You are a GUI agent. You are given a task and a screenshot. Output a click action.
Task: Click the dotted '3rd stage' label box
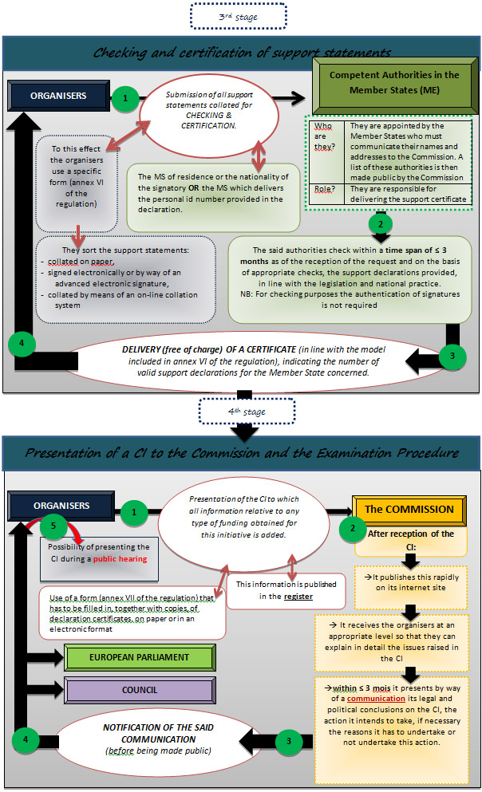coord(239,16)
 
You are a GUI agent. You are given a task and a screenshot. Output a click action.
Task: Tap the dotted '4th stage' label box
coord(247,411)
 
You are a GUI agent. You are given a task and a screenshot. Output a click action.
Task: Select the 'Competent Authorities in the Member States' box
coord(395,85)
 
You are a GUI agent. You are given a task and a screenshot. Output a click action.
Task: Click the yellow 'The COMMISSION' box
coord(409,509)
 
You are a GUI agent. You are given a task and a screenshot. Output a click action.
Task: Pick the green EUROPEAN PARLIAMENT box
coord(140,657)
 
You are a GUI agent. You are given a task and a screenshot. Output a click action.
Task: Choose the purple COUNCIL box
coord(140,690)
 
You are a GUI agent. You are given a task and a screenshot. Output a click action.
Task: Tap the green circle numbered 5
coord(53,526)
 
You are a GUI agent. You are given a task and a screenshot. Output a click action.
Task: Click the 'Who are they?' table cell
coord(326,152)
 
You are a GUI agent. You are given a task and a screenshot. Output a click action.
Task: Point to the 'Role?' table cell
coord(326,194)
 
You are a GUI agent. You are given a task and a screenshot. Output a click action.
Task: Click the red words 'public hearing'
coord(120,558)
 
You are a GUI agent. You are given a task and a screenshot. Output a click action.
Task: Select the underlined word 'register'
coord(298,597)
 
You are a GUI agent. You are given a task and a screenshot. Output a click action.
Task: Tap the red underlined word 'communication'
coord(376,699)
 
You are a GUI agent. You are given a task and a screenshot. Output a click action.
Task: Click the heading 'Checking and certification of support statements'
coord(242,53)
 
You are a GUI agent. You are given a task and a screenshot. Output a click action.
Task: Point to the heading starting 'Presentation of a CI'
coord(242,452)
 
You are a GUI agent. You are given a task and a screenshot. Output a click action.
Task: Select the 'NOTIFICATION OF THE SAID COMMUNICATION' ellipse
coord(158,739)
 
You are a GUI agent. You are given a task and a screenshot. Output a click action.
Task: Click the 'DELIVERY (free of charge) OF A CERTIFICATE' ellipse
coord(253,361)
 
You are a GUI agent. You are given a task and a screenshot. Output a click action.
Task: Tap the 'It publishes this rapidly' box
coord(411,582)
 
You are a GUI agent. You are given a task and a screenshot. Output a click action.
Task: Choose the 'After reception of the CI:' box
coord(411,540)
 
